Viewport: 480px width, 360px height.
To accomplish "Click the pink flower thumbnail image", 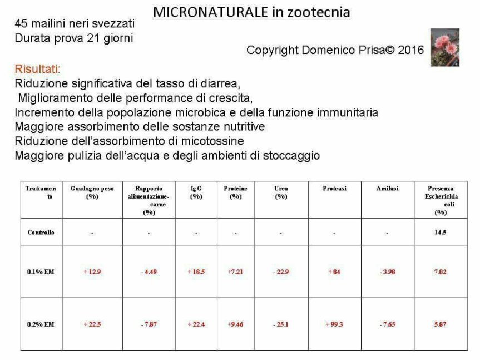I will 445,47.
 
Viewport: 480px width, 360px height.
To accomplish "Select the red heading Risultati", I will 37,70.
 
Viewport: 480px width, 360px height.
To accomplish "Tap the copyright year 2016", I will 410,50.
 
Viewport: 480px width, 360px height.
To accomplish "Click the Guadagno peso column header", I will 92,192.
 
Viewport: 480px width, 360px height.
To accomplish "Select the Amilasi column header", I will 387,189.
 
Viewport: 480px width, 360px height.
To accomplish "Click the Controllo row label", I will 41,233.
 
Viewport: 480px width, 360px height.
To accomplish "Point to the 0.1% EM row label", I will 41,272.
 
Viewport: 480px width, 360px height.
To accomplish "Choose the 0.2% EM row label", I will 41,324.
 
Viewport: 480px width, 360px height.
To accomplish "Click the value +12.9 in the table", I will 92,272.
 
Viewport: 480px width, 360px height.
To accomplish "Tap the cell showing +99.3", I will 334,324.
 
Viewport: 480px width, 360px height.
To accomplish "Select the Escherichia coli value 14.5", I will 440,233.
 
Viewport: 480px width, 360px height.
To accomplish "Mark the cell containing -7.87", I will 149,324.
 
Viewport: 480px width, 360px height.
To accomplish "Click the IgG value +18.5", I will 196,272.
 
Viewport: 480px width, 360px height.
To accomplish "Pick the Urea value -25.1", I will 281,324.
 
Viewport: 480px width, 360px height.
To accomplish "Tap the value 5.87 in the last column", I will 440,324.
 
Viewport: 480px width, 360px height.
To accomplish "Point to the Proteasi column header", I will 334,189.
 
